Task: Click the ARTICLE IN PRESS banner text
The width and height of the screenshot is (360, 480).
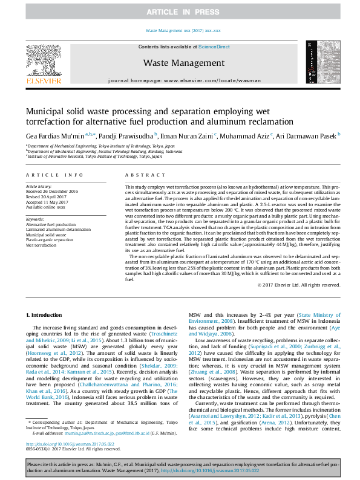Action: coord(180,11)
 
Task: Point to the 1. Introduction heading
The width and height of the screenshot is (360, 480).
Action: coord(46,315)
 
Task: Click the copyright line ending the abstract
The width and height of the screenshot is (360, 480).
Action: coord(299,285)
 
